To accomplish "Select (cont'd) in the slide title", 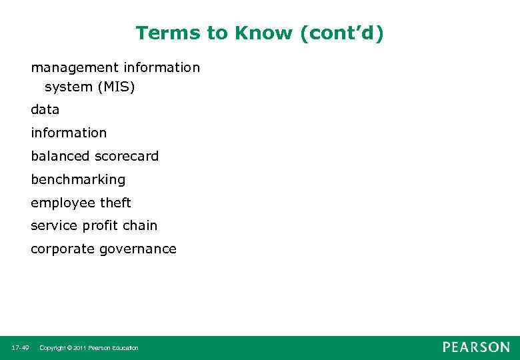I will point(342,33).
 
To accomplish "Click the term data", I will point(45,109).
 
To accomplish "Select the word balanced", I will point(61,156).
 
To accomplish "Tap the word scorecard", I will point(127,156).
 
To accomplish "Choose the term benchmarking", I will point(78,179).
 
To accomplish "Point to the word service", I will point(54,226).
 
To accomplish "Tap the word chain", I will point(140,226).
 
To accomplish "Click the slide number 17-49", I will point(20,348).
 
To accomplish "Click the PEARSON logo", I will point(476,347).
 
